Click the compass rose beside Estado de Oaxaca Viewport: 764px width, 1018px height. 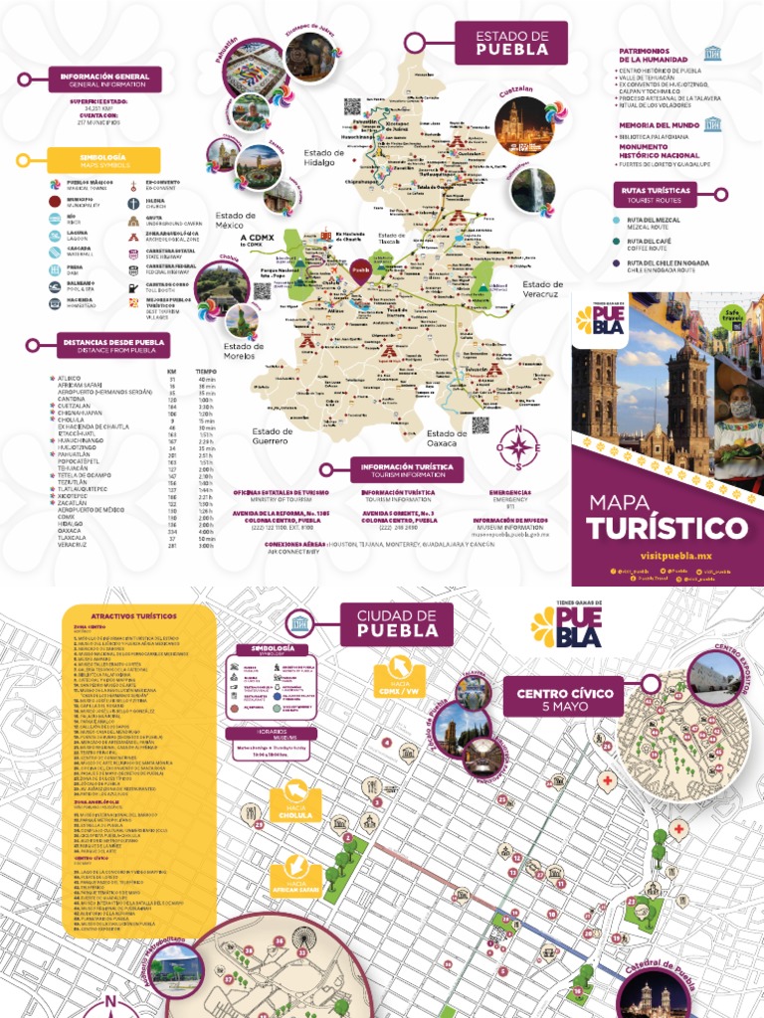517,448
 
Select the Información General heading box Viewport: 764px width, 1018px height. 103,80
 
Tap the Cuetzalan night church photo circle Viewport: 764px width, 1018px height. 523,125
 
